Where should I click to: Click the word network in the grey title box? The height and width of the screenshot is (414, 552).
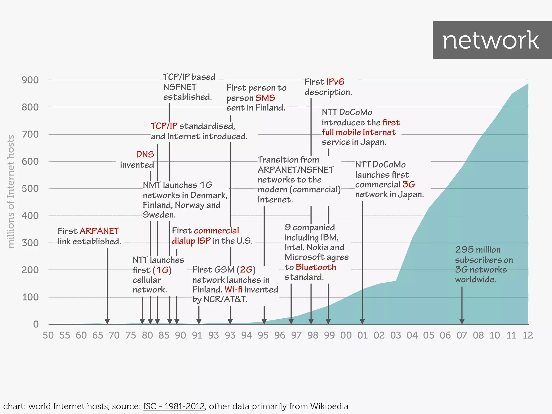point(491,40)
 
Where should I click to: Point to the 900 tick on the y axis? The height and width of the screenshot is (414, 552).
point(30,80)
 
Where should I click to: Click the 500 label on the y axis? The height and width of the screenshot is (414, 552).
point(30,188)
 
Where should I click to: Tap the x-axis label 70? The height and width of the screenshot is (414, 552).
point(114,335)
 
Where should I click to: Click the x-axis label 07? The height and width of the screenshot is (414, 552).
point(462,335)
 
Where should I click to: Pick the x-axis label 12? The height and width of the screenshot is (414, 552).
point(528,335)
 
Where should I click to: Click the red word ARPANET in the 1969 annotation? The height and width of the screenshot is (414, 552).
point(99,231)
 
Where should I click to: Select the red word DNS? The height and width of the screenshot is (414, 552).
point(145,154)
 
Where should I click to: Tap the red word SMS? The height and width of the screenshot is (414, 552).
point(265,98)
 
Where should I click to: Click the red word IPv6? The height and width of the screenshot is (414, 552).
point(335,82)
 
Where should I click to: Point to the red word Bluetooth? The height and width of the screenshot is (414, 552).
point(316,267)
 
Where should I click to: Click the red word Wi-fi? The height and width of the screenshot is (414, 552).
point(233,289)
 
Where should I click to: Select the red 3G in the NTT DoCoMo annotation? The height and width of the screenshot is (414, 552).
point(409,184)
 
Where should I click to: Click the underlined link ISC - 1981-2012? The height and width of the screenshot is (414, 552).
point(174,406)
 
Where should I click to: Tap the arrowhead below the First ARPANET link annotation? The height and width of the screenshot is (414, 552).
point(107,322)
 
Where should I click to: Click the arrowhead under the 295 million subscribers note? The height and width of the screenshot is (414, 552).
point(462,322)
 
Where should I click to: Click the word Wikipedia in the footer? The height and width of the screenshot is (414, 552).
point(329,406)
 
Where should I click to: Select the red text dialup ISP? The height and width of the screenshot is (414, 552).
point(191,241)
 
